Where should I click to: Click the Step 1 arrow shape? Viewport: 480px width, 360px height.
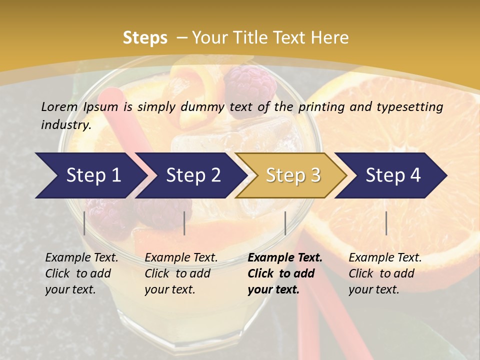pos(90,175)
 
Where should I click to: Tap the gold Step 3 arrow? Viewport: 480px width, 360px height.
pos(292,175)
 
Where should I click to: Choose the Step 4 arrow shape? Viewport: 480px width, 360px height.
pos(393,175)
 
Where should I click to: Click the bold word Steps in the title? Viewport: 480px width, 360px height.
pos(145,38)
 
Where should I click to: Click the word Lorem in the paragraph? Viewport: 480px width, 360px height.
pos(59,106)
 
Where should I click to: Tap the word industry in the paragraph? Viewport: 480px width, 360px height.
pos(65,125)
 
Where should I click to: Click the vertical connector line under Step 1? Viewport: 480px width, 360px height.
pos(84,223)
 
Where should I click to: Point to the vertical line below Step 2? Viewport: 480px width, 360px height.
pos(184,223)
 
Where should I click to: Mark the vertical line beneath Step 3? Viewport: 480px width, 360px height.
pos(285,223)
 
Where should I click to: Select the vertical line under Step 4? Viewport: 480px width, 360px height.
pos(386,223)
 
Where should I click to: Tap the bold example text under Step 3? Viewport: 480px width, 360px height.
pos(284,273)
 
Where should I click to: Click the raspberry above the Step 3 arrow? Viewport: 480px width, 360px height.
pos(250,85)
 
